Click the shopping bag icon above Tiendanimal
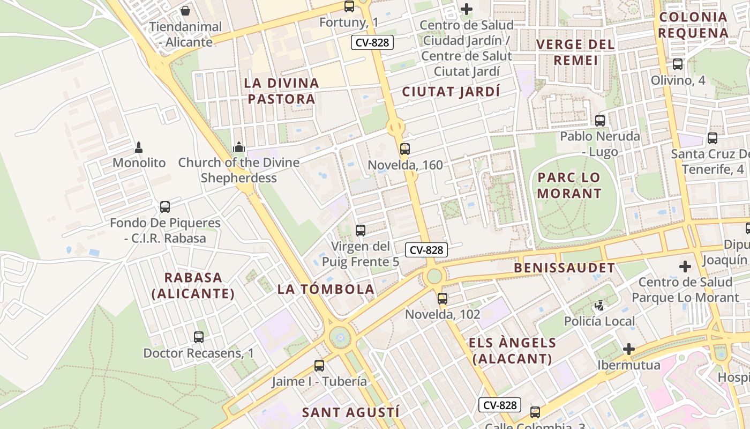click(x=185, y=10)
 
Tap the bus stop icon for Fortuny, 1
click(x=349, y=6)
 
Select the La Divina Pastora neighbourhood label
click(x=281, y=91)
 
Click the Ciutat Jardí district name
click(x=451, y=92)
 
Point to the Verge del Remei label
click(x=575, y=52)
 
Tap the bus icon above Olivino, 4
click(x=678, y=64)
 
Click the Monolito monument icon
click(x=139, y=147)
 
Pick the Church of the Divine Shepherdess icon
click(x=238, y=146)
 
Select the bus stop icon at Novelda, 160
click(x=405, y=149)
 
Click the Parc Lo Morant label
click(x=569, y=185)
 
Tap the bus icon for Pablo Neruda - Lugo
click(x=600, y=121)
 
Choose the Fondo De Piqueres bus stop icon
click(x=165, y=207)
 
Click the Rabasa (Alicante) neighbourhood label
click(x=193, y=285)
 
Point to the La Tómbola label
click(x=326, y=289)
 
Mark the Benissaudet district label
click(x=564, y=268)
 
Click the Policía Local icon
click(x=599, y=306)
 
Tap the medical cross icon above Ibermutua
click(x=629, y=350)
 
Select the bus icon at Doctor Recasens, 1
click(x=199, y=337)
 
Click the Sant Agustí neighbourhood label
click(x=350, y=412)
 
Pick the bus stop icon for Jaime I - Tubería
click(x=319, y=366)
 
